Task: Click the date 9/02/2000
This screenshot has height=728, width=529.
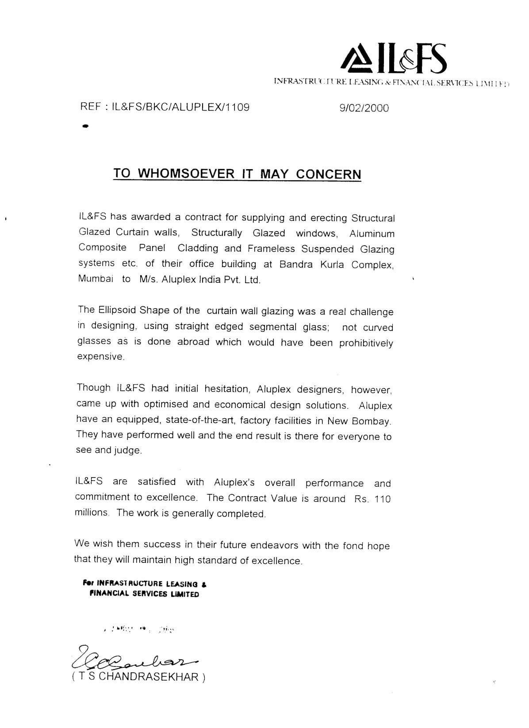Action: [364, 108]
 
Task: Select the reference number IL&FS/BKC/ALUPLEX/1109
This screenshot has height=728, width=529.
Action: [181, 107]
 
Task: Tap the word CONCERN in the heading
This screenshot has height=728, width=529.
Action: [328, 174]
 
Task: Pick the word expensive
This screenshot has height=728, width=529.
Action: [100, 357]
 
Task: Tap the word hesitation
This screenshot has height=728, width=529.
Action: [228, 389]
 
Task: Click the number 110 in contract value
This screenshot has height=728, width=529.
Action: [383, 499]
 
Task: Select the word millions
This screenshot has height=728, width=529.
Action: [92, 512]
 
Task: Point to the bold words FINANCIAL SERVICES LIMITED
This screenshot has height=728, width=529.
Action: [144, 594]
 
